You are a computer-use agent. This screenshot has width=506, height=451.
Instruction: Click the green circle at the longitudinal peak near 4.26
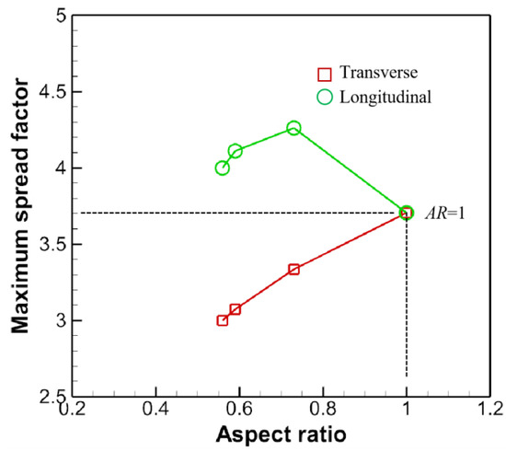pos(293,128)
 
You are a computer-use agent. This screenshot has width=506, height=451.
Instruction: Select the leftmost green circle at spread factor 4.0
pos(222,168)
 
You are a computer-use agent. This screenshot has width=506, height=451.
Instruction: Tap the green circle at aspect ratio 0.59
pos(235,151)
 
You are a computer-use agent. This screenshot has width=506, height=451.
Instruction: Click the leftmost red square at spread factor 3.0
pos(222,320)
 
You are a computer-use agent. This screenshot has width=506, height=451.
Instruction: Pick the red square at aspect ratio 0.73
pos(293,270)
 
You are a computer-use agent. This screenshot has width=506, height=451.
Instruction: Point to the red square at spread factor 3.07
pos(235,309)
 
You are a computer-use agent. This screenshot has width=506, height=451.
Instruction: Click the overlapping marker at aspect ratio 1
pos(407,213)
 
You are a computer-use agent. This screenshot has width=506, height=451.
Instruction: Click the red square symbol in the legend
pos(324,73)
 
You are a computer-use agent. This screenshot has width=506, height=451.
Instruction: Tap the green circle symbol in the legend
pos(324,94)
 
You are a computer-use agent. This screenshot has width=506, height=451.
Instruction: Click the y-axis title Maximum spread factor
pos(20,205)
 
